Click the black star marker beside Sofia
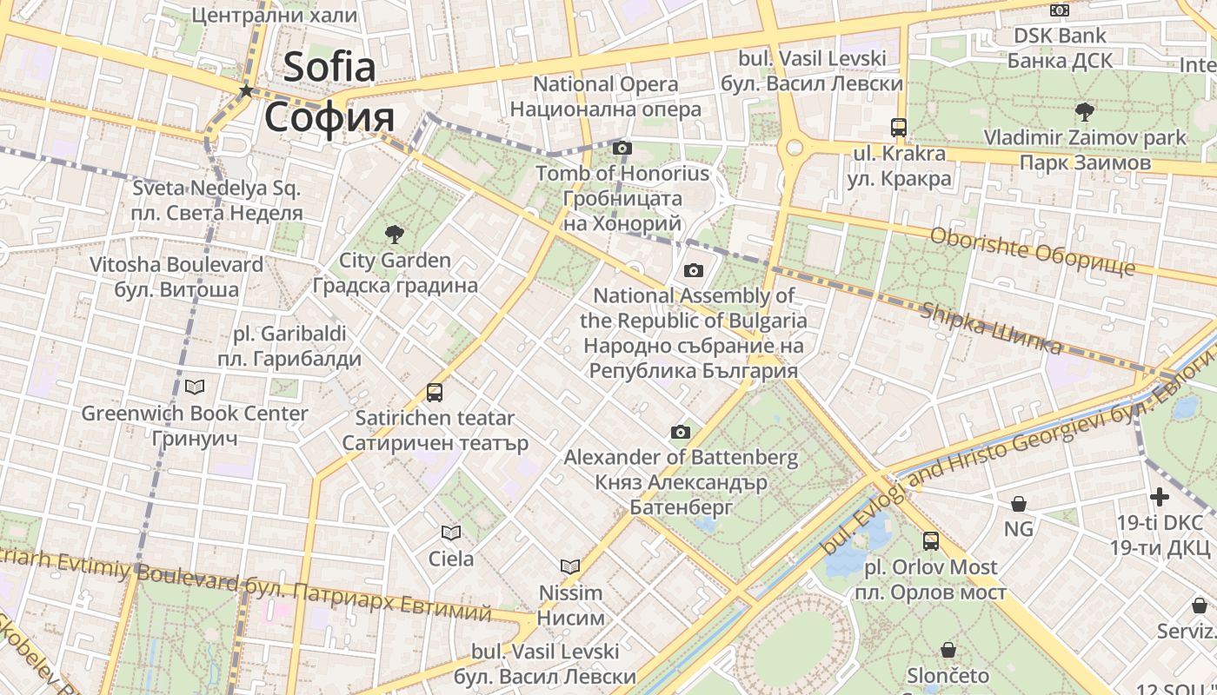(x=247, y=90)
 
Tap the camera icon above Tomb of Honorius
(x=622, y=148)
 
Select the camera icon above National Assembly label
(x=693, y=270)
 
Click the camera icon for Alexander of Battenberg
(x=681, y=432)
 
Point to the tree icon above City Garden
(x=395, y=233)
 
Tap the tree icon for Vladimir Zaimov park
(x=1084, y=111)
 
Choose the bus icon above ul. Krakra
(x=899, y=127)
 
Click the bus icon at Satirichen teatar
(x=435, y=392)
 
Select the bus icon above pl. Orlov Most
(x=931, y=540)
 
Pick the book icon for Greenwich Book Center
(x=195, y=387)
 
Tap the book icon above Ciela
(x=450, y=533)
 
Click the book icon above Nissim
(x=570, y=566)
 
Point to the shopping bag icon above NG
(x=1018, y=503)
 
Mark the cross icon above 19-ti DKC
(x=1160, y=497)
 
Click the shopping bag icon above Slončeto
(x=948, y=649)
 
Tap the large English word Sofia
(x=329, y=67)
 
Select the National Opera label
(x=605, y=84)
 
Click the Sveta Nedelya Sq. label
(x=216, y=188)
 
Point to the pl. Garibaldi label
(x=289, y=334)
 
